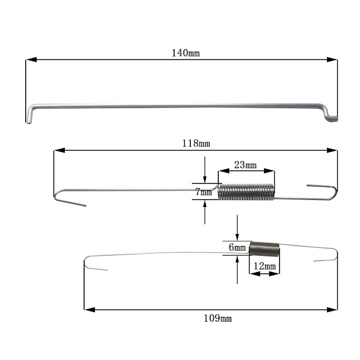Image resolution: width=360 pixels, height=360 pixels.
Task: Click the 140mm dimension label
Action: tap(186, 53)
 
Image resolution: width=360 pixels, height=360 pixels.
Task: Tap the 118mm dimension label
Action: tap(196, 143)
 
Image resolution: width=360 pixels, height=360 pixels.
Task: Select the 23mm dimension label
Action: tap(245, 165)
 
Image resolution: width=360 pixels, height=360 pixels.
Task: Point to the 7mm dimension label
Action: tap(203, 192)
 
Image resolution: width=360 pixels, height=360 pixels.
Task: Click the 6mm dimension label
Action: tap(237, 247)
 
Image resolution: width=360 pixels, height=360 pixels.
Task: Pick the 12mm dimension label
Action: tap(265, 266)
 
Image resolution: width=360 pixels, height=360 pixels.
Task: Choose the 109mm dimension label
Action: tap(218, 319)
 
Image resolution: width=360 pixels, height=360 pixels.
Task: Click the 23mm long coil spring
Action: tap(246, 192)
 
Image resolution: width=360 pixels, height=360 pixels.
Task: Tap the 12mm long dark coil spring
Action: tap(265, 250)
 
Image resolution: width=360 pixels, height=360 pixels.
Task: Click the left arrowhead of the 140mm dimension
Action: tap(31, 59)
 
